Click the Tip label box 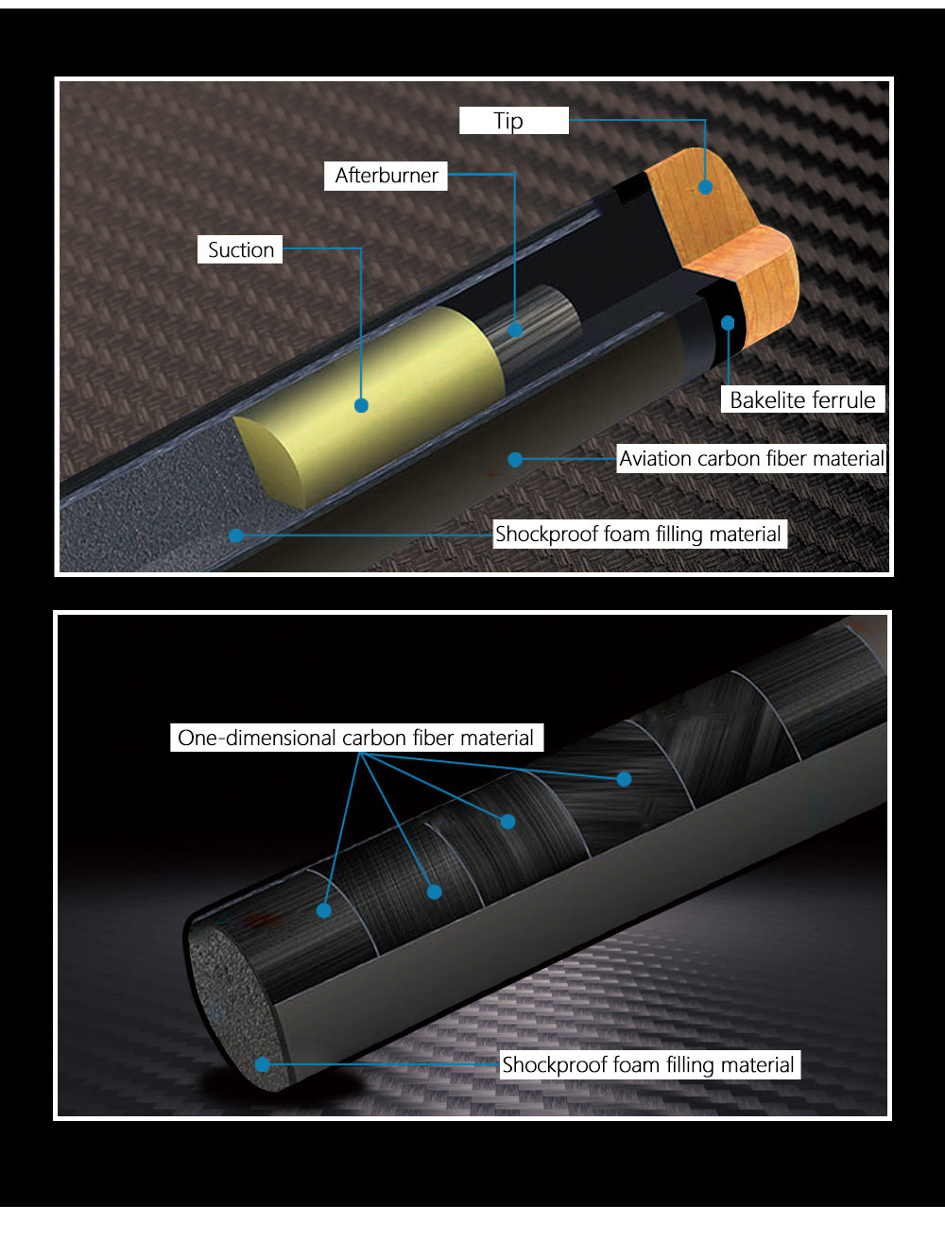pyautogui.click(x=514, y=120)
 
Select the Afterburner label pyautogui.click(x=386, y=176)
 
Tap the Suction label pyautogui.click(x=240, y=249)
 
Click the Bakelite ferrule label pyautogui.click(x=803, y=399)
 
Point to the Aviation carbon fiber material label pyautogui.click(x=751, y=459)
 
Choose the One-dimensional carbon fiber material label pyautogui.click(x=356, y=738)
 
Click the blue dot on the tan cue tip pyautogui.click(x=706, y=187)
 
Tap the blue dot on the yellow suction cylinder pyautogui.click(x=361, y=405)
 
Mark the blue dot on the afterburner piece pyautogui.click(x=515, y=330)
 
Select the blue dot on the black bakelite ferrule pyautogui.click(x=728, y=323)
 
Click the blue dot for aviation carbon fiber pyautogui.click(x=515, y=459)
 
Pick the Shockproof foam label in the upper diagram pyautogui.click(x=640, y=534)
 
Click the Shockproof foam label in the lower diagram pyautogui.click(x=650, y=1064)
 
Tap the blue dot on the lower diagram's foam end pyautogui.click(x=263, y=1064)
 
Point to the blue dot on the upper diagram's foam pyautogui.click(x=236, y=535)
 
